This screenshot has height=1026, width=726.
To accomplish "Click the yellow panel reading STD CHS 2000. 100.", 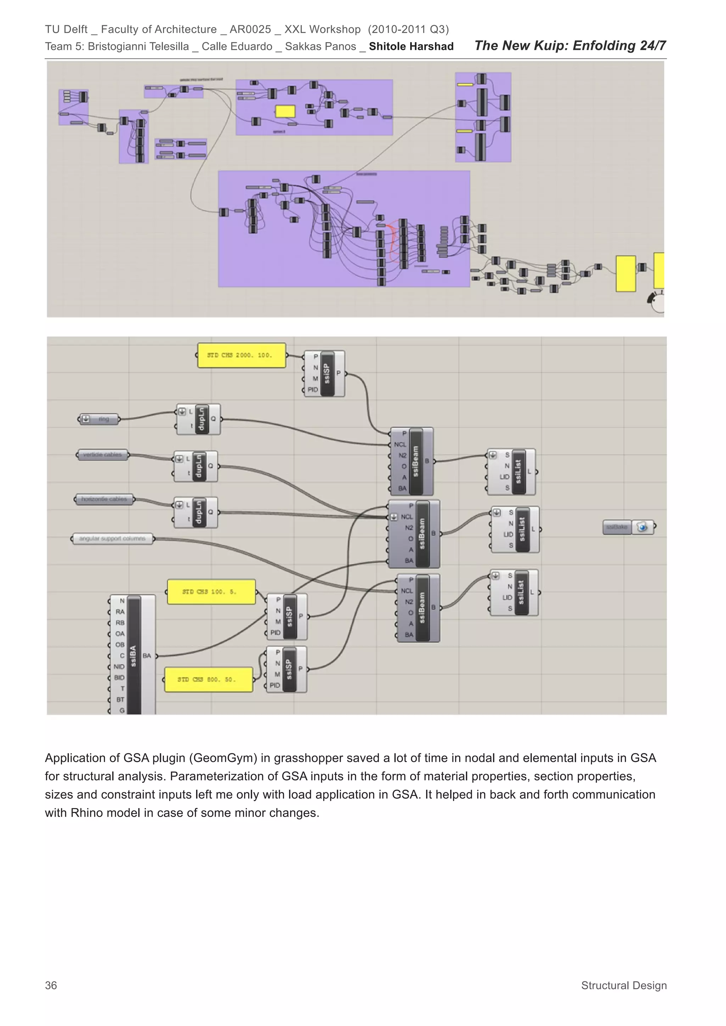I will (241, 355).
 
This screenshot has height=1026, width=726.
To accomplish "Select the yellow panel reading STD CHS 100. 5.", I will (211, 592).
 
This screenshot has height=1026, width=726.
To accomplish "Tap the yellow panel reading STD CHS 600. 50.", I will (208, 679).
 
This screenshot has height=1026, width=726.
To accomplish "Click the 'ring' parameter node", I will (99, 419).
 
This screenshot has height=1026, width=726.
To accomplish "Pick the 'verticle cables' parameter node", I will (102, 455).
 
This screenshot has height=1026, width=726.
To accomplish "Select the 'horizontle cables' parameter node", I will (104, 499).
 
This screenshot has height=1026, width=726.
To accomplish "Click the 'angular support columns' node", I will (112, 539).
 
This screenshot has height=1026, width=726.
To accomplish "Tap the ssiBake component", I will (628, 527).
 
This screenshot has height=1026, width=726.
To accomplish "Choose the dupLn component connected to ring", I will (201, 419).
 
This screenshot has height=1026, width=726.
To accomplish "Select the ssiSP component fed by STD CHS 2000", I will (327, 373).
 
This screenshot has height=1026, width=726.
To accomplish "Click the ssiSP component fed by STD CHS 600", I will (289, 669).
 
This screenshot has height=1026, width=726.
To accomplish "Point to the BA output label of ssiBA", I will (147, 655).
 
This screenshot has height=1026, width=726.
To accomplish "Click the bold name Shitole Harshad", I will (411, 46).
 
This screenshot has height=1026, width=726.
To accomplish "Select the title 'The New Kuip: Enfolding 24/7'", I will (570, 46).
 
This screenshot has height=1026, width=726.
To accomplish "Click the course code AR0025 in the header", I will (250, 29).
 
